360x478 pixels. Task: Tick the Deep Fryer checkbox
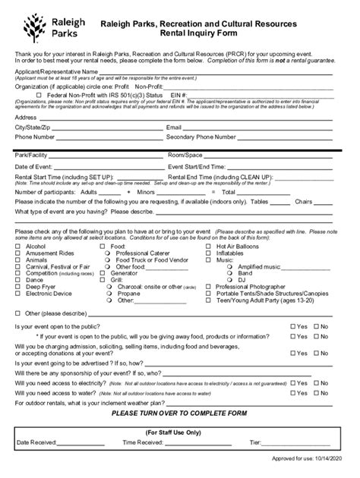point(18,287)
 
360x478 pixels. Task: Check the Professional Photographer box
point(209,287)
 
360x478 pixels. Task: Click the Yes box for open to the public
point(293,326)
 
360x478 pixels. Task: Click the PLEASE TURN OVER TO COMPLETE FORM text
point(179,414)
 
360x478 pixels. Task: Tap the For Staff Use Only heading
point(179,432)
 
